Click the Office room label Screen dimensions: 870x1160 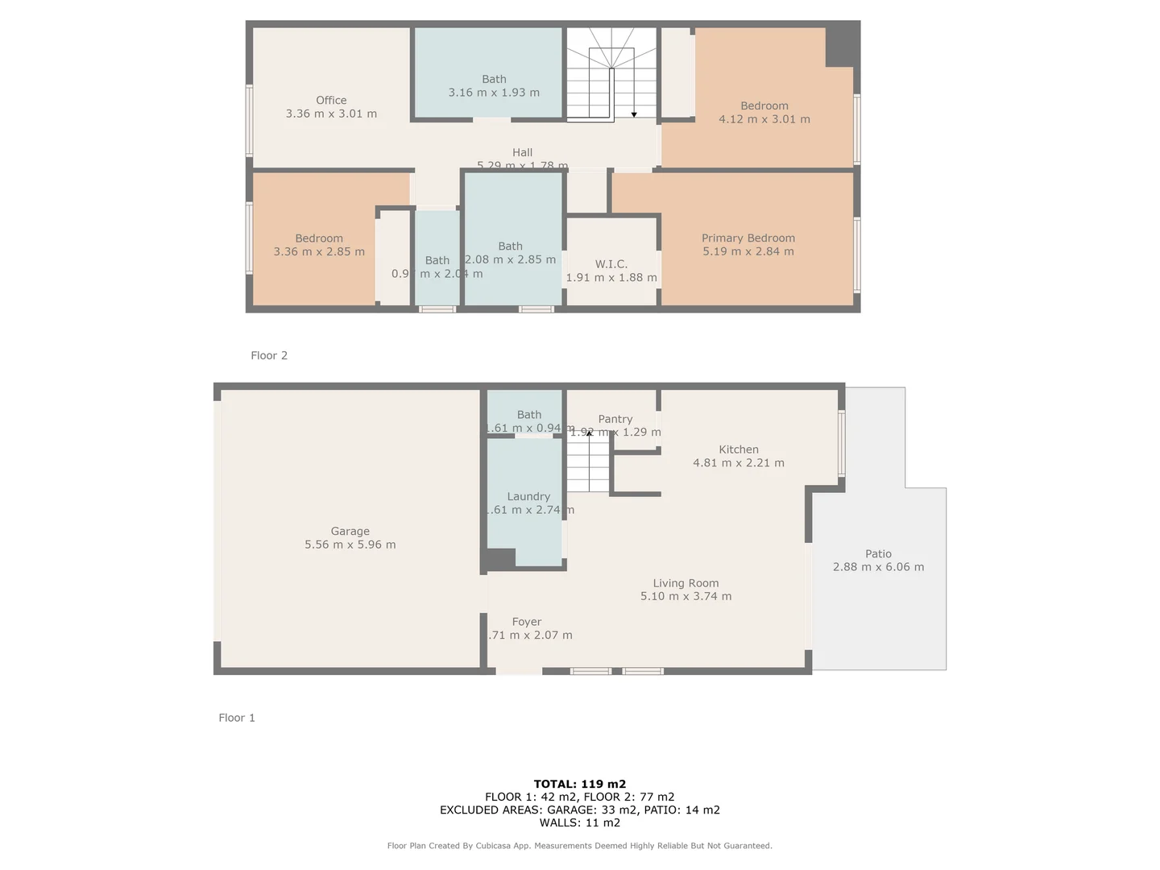pyautogui.click(x=331, y=101)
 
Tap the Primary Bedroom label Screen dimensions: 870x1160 pyautogui.click(x=748, y=238)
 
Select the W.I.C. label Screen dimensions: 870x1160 pyautogui.click(x=611, y=264)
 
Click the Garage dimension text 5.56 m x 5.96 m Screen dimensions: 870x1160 pyautogui.click(x=350, y=545)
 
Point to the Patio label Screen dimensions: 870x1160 pyautogui.click(x=878, y=554)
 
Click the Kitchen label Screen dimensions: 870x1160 pyautogui.click(x=739, y=450)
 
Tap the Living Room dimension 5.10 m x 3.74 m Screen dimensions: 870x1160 pyautogui.click(x=686, y=597)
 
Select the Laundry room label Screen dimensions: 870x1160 pyautogui.click(x=528, y=497)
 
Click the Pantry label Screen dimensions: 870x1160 pyautogui.click(x=615, y=420)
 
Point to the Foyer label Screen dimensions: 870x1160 pyautogui.click(x=527, y=622)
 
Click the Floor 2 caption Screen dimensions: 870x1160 pyautogui.click(x=269, y=355)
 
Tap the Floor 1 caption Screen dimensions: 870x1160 pyautogui.click(x=237, y=718)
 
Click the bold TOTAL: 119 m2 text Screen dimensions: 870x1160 pyautogui.click(x=580, y=784)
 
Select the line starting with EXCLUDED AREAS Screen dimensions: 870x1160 pyautogui.click(x=580, y=810)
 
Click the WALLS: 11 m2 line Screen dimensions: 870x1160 pyautogui.click(x=580, y=822)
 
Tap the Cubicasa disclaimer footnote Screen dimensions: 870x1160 pyautogui.click(x=580, y=846)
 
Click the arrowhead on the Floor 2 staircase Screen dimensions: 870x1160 pyautogui.click(x=634, y=114)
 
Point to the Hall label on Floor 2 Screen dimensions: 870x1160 pyautogui.click(x=522, y=152)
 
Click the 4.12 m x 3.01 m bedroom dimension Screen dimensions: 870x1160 pyautogui.click(x=764, y=119)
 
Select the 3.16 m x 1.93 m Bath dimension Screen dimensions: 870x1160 pyautogui.click(x=494, y=93)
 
